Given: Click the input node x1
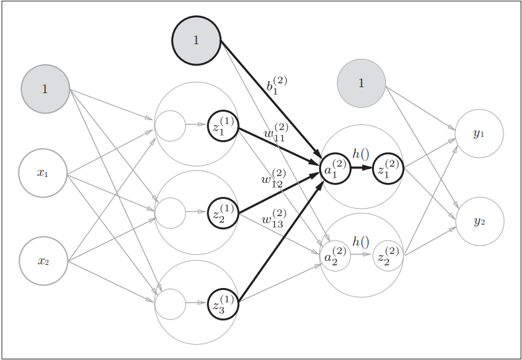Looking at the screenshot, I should pyautogui.click(x=43, y=173).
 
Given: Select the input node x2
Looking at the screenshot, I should pyautogui.click(x=43, y=261).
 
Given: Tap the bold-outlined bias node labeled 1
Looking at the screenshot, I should pyautogui.click(x=196, y=40).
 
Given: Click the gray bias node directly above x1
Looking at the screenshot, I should pyautogui.click(x=45, y=89).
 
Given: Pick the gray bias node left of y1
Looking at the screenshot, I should pyautogui.click(x=361, y=83).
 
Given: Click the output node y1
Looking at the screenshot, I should pyautogui.click(x=479, y=133).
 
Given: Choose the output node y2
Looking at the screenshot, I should pyautogui.click(x=479, y=221).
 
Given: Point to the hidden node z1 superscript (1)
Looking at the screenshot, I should pyautogui.click(x=223, y=126).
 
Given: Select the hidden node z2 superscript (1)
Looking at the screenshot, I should pyautogui.click(x=223, y=213).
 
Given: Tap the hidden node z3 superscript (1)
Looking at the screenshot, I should pyautogui.click(x=223, y=304).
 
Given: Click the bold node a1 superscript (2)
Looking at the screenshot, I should pyautogui.click(x=335, y=168).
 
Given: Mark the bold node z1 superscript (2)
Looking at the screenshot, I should pyautogui.click(x=387, y=168).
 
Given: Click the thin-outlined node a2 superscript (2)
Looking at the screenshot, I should pyautogui.click(x=335, y=256).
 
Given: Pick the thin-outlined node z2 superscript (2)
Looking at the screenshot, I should pyautogui.click(x=387, y=256).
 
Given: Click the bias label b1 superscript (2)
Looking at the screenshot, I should pyautogui.click(x=276, y=86).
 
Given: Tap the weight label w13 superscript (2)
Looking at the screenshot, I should pyautogui.click(x=274, y=217).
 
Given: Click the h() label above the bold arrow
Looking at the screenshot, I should pyautogui.click(x=361, y=153).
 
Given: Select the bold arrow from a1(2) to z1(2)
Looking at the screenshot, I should pyautogui.click(x=361, y=168).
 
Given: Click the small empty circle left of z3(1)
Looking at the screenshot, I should pyautogui.click(x=170, y=304).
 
